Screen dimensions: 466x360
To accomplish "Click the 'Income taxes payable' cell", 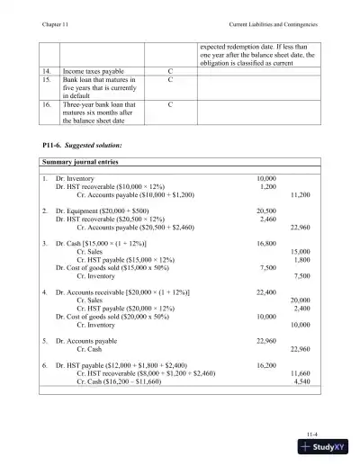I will (94, 70).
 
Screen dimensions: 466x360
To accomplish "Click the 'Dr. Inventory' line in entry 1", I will (77, 178).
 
